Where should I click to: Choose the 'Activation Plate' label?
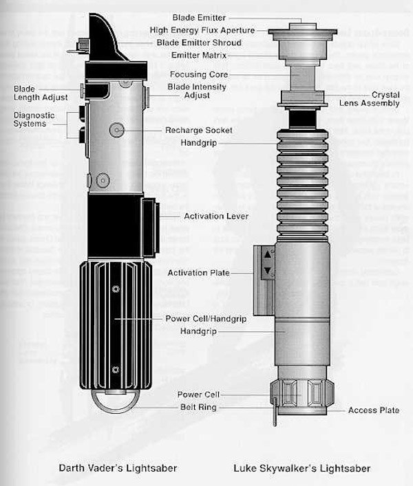[199, 273]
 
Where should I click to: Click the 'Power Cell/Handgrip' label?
[206, 319]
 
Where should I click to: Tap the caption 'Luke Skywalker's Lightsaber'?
[301, 469]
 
